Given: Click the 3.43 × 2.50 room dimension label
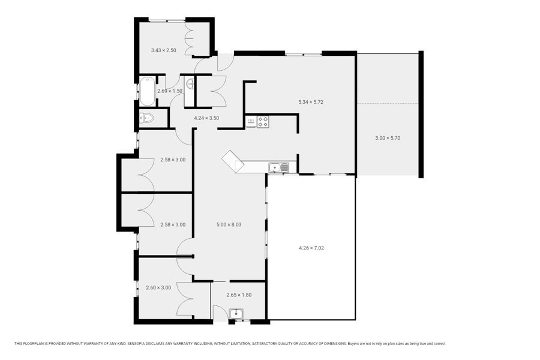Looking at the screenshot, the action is [164, 50].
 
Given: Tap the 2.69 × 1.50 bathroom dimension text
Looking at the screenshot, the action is [170, 91].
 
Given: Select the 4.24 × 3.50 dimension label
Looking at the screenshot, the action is [206, 118].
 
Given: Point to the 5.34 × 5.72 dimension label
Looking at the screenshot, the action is [311, 102].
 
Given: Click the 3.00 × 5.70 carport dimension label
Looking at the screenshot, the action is [388, 138].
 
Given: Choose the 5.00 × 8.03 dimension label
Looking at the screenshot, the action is [229, 224].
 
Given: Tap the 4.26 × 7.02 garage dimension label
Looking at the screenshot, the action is [311, 248].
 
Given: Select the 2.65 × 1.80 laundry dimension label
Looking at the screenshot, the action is [239, 295].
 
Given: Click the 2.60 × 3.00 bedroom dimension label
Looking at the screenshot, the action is [158, 288].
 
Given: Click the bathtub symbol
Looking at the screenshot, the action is [148, 91].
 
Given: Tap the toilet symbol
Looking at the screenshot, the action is [146, 118].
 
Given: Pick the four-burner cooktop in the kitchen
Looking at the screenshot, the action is [263, 122].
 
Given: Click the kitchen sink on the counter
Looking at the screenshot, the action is [279, 168].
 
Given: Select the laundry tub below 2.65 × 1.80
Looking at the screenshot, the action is [236, 313].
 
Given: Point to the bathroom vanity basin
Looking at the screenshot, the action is [190, 84].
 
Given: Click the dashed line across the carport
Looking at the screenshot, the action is [388, 104].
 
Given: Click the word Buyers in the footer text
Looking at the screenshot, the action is [353, 344].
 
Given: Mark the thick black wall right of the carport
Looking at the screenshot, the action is [421, 115].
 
